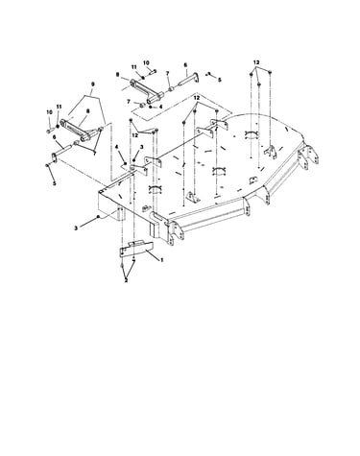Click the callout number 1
pos(162,260)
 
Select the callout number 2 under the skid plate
pos(126,280)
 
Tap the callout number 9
pos(93,84)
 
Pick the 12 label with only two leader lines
pos(134,135)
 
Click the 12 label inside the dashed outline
pos(197,97)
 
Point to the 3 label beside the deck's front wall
pos(76,228)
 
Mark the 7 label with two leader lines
pos(94,154)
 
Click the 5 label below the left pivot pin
pos(54,183)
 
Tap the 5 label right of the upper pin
pos(219,80)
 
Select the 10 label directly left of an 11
pos(49,112)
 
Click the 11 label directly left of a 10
pos(133,66)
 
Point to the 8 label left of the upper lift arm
pos(118,74)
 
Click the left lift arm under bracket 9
pos(79,130)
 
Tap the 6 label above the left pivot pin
pos(54,136)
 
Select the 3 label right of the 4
pos(141,147)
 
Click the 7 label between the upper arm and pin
pos(167,73)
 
